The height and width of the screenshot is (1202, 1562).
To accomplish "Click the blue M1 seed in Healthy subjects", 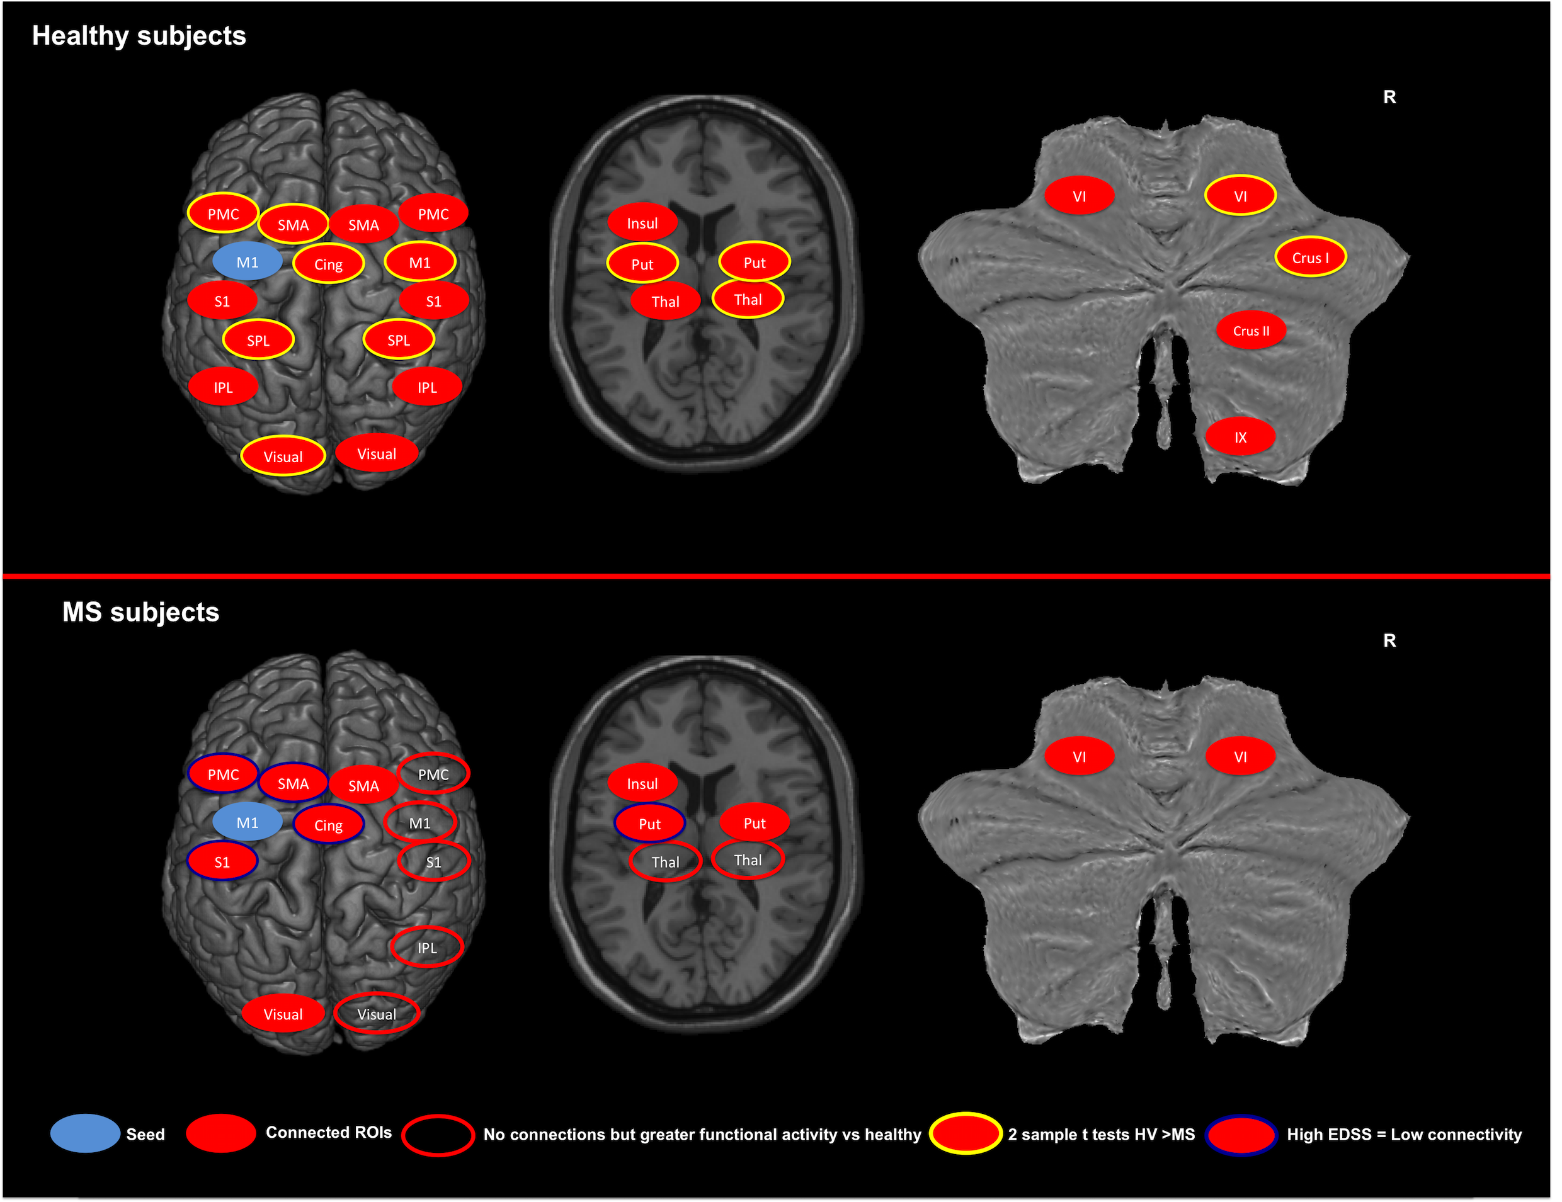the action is coord(247,262).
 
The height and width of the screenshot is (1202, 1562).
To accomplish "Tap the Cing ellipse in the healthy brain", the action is coord(328,264).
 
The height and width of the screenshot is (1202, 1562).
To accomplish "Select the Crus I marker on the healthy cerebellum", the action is coord(1310,258).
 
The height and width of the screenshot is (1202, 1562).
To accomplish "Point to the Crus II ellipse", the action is coord(1251,331).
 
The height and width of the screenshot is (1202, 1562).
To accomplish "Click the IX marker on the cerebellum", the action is coord(1240,437).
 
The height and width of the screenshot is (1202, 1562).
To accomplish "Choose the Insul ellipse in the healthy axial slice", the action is coord(642,223).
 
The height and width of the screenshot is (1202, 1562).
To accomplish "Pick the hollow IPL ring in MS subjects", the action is coord(427,948).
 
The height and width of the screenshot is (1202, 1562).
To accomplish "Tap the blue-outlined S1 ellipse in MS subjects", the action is coord(222,861).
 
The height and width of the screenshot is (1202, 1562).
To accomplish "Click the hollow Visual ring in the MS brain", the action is coord(376,1013).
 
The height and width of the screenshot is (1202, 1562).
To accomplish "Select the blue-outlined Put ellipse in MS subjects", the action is coord(649,824).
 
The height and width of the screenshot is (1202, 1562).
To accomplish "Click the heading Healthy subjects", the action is coord(139,36).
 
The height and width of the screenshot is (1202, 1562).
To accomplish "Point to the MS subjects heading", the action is coord(140,612).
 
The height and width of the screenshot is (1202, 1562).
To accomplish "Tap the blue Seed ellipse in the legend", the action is coord(84,1133).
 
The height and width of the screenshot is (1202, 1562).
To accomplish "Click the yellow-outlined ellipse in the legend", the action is coord(966,1133).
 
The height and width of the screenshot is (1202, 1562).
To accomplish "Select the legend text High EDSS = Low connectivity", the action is coord(1404,1134).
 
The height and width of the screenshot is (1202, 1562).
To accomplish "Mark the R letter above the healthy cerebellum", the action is coord(1389,96).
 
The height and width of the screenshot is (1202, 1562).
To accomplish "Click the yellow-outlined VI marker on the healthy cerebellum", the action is coord(1240,195).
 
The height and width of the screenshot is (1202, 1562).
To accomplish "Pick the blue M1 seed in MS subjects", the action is coord(247,822).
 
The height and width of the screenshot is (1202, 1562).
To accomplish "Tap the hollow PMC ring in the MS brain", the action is coord(433,774).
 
